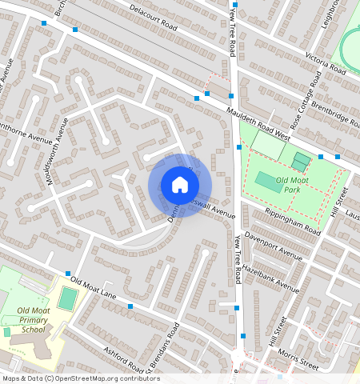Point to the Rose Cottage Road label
coord(308,100)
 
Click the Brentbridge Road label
coord(335,111)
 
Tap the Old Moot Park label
coord(292,186)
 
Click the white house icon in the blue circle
coord(180,185)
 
